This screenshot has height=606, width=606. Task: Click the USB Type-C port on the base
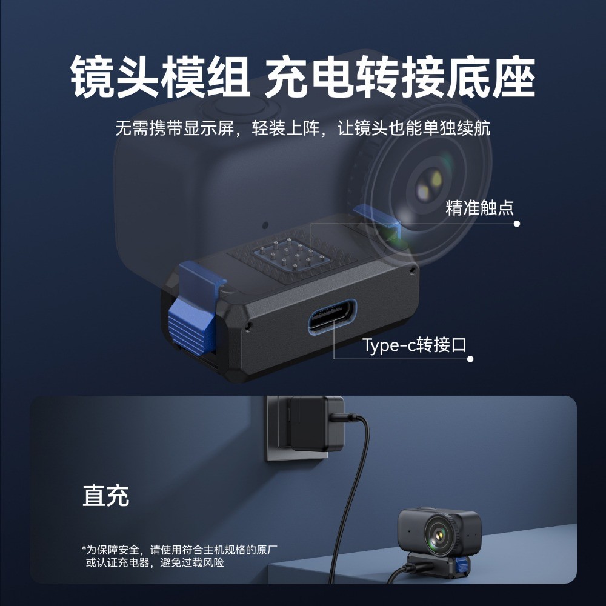point(332,315)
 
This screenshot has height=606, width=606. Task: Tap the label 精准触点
point(479,207)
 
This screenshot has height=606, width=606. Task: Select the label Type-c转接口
point(415,345)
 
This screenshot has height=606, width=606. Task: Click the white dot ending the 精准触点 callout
point(517,224)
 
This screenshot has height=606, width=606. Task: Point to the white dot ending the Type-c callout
point(470,359)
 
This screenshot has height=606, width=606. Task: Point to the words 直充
point(106,496)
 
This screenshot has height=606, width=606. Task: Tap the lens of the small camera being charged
point(439,535)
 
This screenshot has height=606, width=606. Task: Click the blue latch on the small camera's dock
point(461,565)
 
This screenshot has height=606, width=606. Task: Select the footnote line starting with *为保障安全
point(179,549)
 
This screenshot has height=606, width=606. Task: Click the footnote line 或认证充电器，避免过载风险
point(155,562)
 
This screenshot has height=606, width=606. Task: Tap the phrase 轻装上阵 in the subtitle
point(285,128)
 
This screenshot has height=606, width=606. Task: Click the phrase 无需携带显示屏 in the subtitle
point(175,128)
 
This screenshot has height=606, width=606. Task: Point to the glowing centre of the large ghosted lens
point(429,184)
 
